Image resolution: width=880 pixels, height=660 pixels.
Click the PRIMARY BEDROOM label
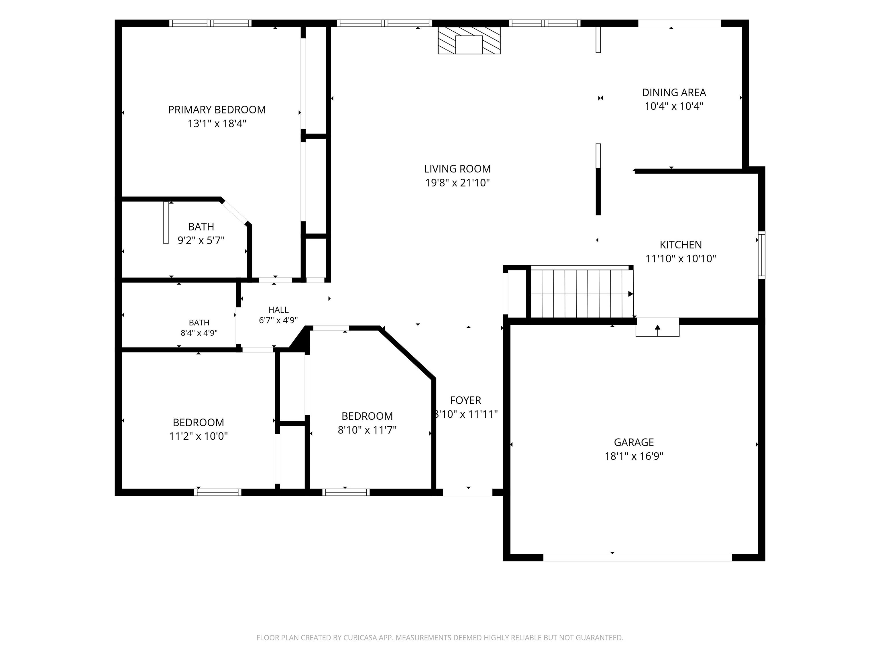point(217,110)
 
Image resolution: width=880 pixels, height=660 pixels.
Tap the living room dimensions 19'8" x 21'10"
point(457,182)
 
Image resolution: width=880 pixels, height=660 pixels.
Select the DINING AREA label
point(674,93)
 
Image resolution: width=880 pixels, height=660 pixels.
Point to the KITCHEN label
point(681,245)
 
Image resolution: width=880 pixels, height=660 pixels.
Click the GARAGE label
point(634,442)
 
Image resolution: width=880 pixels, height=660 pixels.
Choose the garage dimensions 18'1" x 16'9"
point(634,456)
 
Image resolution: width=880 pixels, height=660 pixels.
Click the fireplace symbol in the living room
point(469,40)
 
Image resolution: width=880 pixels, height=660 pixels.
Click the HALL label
point(278,310)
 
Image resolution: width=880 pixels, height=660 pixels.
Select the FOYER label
point(465,400)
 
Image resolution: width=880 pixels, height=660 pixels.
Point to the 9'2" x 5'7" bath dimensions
point(201,240)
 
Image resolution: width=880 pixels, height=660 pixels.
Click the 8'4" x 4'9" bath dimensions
point(199,333)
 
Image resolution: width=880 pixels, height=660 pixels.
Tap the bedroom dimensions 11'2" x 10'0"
point(198,436)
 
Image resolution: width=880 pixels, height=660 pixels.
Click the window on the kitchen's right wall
point(761,255)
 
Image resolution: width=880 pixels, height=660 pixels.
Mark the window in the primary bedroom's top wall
point(211,23)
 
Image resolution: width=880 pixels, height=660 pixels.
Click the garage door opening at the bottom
point(637,557)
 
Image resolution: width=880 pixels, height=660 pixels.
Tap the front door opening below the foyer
point(467,492)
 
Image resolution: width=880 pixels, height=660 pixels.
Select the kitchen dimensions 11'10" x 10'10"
point(681,259)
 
